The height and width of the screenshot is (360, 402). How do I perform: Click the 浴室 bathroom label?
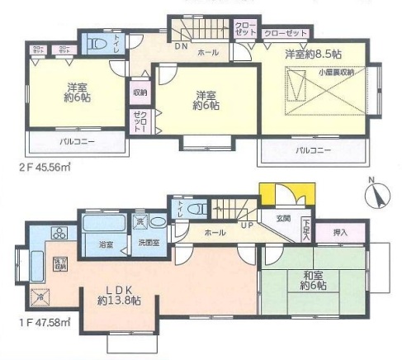click(106, 244)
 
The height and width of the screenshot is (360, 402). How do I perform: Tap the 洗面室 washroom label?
click(148, 244)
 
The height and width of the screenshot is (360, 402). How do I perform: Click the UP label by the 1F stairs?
click(245, 224)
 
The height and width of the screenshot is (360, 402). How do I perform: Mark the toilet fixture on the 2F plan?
click(98, 43)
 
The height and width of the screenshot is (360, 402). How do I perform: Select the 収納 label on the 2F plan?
click(140, 93)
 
